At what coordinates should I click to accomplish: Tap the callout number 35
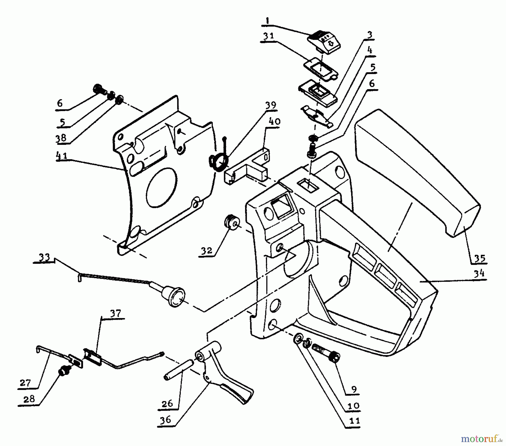click(x=479, y=258)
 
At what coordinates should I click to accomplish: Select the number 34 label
click(x=479, y=273)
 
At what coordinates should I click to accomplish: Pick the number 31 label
click(x=269, y=37)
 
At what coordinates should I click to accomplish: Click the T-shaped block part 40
click(x=247, y=169)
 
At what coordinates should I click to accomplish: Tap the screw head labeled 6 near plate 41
click(x=99, y=89)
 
